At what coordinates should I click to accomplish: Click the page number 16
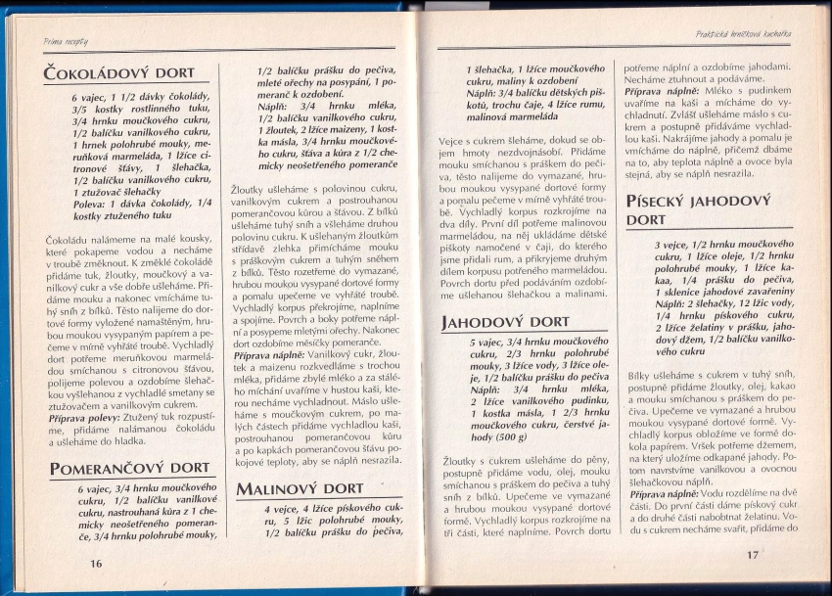(x=96, y=563)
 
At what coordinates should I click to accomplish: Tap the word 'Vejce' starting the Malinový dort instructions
(x=452, y=141)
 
